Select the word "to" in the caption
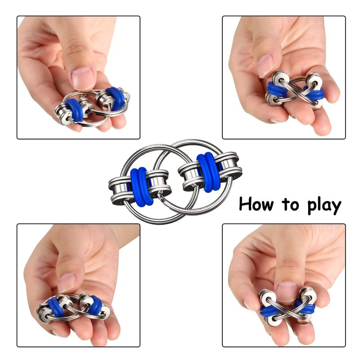(291, 204)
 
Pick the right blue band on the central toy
(208, 172)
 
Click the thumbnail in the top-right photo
(265, 65)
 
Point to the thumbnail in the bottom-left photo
(66, 283)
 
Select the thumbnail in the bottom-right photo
(287, 290)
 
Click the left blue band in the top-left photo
(74, 110)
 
